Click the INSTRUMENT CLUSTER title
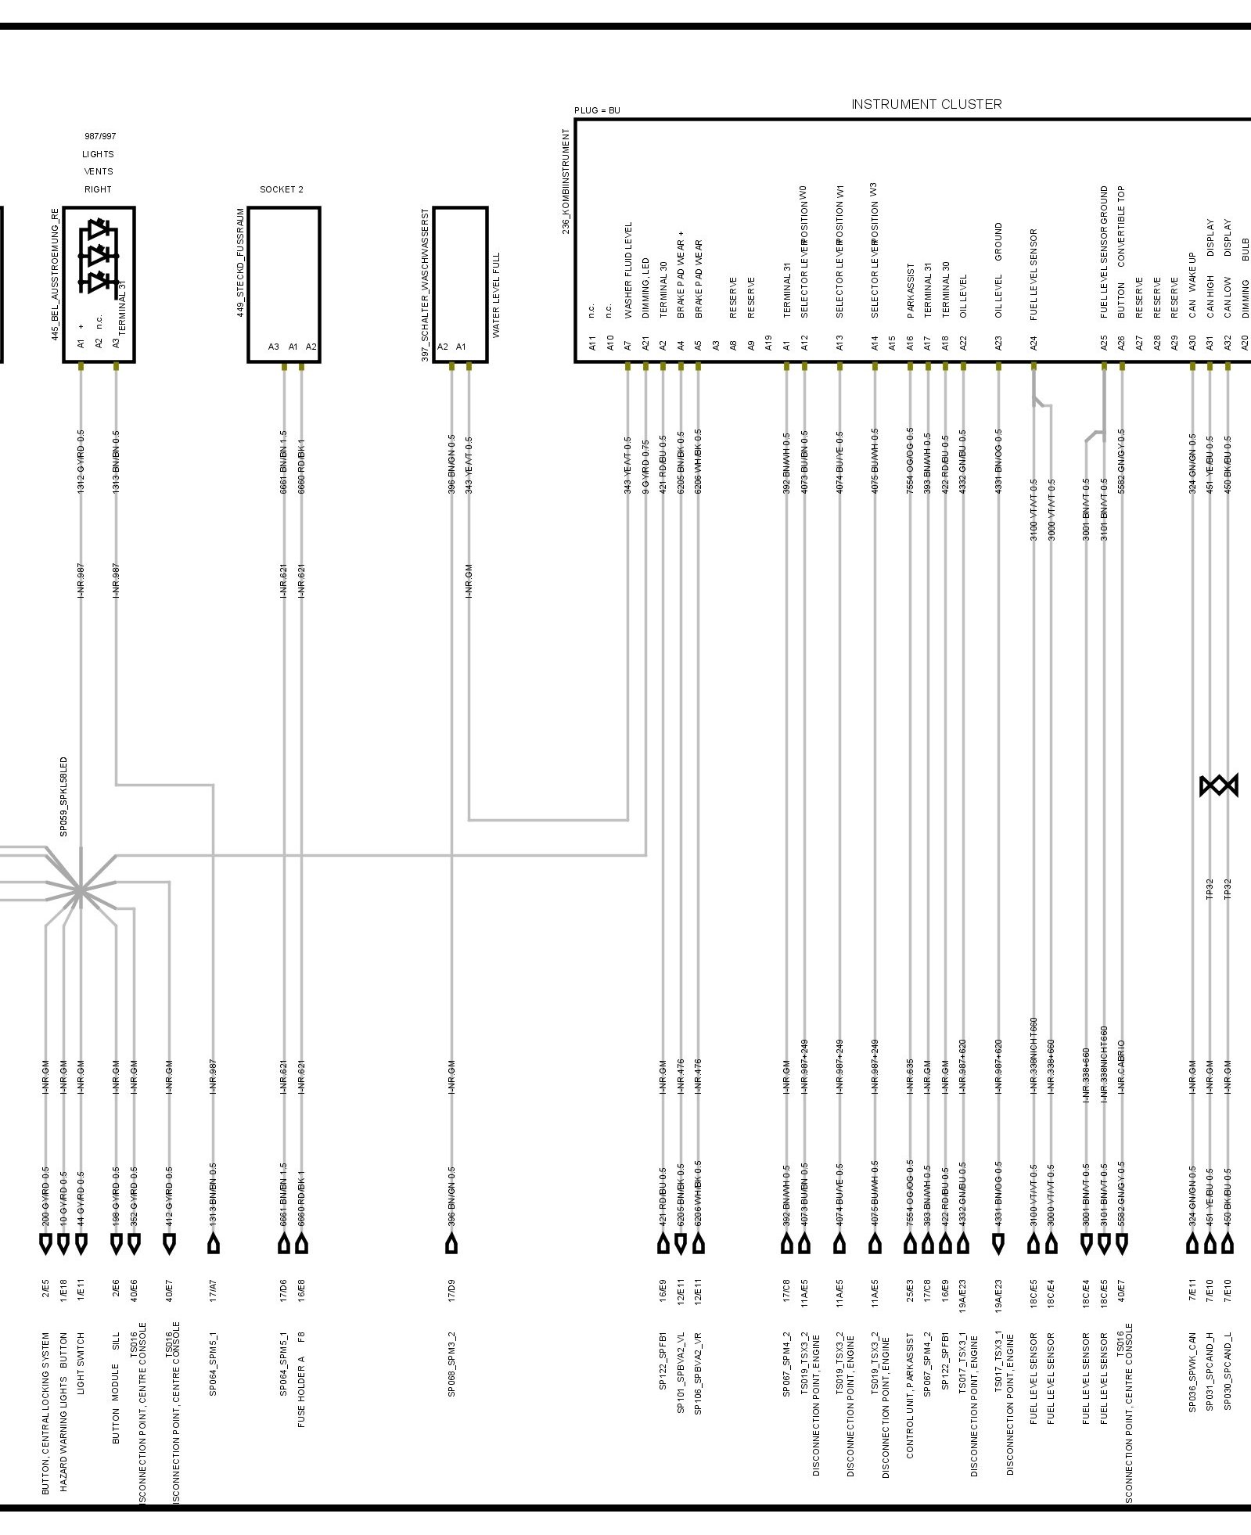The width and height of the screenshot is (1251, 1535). tap(926, 104)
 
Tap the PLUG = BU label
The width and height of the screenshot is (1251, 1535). tap(597, 110)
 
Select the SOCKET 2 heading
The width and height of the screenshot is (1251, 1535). tap(282, 189)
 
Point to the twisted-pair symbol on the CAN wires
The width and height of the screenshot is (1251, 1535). tap(1218, 785)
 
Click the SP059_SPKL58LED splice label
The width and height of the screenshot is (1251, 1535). tap(64, 796)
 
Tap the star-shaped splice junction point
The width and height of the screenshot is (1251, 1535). tap(81, 890)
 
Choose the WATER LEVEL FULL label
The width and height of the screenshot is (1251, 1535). tap(497, 295)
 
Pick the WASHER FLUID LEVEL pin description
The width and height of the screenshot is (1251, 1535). tap(628, 270)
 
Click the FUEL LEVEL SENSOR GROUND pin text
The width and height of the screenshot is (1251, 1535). tap(1104, 252)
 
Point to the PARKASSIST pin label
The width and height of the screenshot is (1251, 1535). tap(911, 290)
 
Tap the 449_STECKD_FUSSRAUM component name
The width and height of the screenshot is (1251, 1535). tap(241, 262)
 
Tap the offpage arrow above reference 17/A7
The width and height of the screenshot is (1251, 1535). tap(213, 1243)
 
